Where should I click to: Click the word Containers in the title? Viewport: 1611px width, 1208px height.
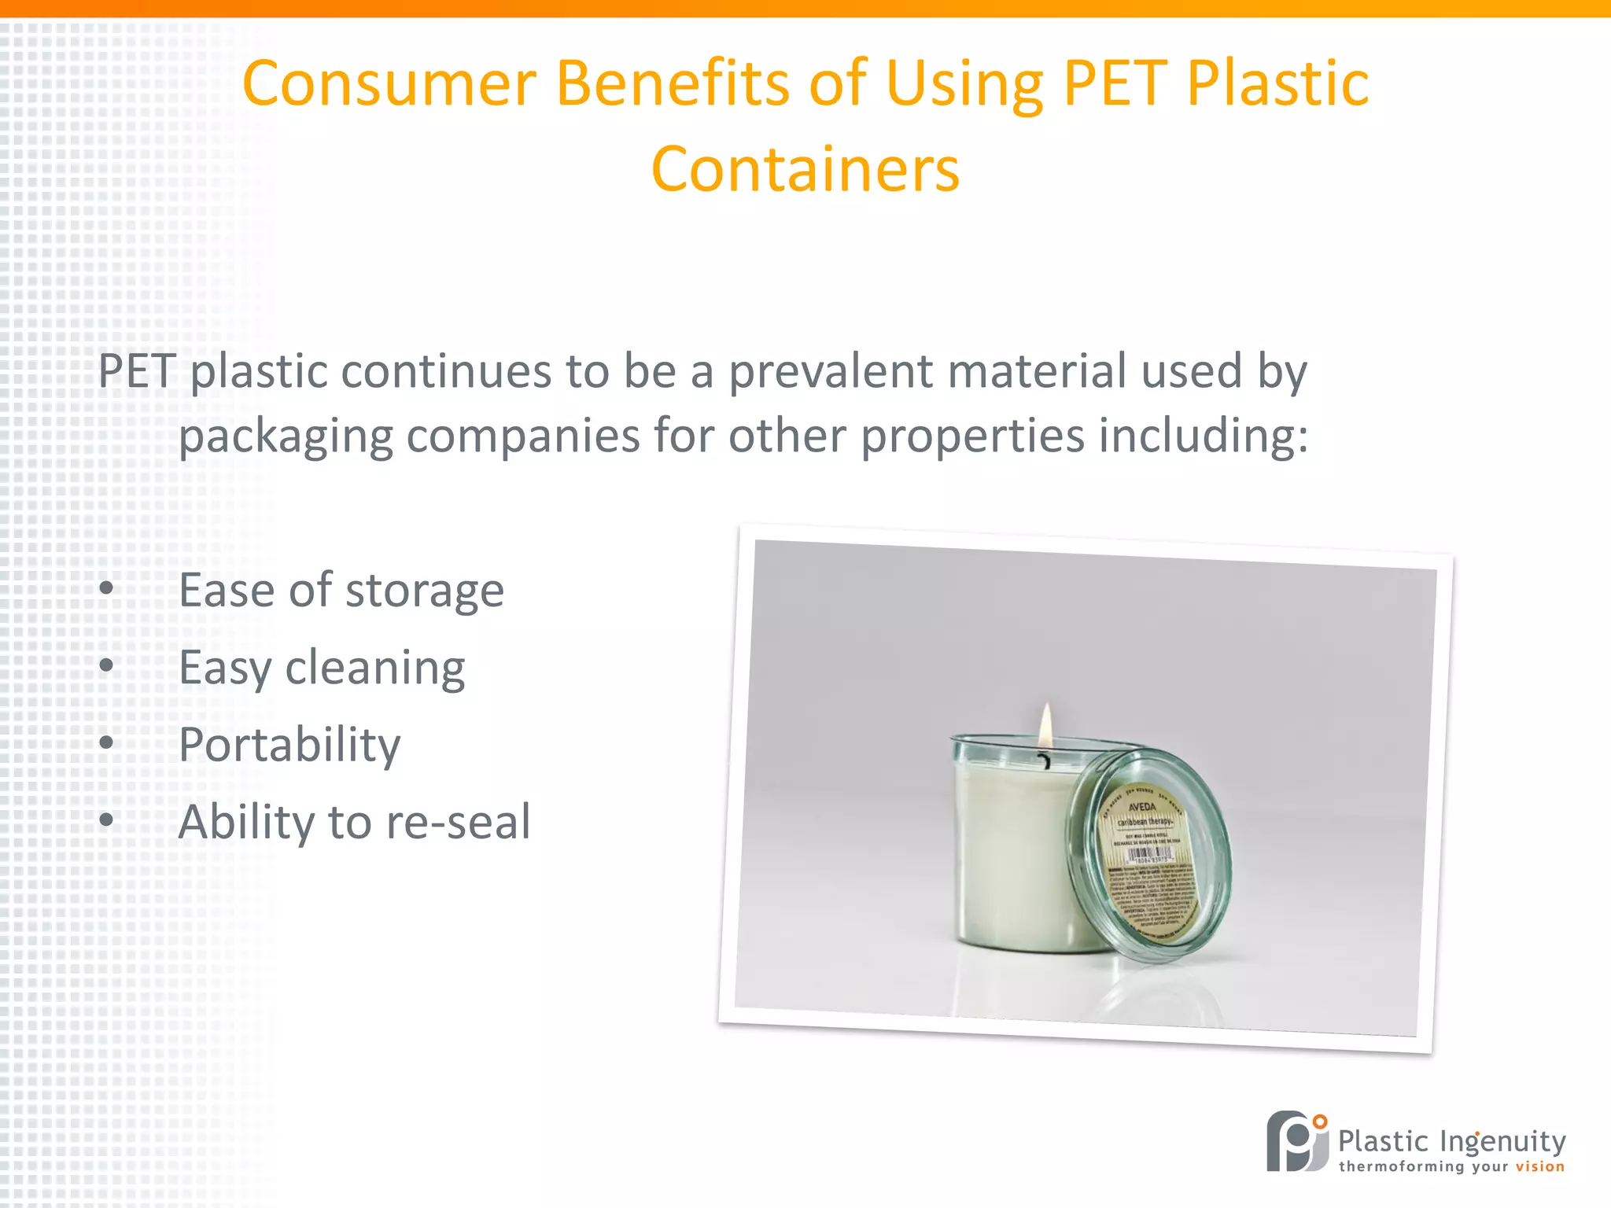tap(805, 169)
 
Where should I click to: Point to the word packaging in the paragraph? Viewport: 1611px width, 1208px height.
tap(286, 437)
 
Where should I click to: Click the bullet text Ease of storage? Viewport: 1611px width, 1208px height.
tap(341, 590)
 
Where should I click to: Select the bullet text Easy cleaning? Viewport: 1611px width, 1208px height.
tap(322, 668)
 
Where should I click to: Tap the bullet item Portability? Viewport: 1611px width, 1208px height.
tap(289, 744)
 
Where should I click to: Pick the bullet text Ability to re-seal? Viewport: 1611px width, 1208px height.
tap(354, 822)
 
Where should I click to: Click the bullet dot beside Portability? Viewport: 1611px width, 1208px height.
tap(107, 742)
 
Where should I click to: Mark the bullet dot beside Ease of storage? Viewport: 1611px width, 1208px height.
tap(107, 588)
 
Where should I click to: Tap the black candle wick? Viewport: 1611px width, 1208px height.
tap(1045, 761)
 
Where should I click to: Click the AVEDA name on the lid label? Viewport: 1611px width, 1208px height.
tap(1142, 807)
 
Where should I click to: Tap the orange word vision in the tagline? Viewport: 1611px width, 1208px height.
tap(1540, 1167)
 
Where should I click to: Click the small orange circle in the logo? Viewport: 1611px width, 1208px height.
tap(1320, 1121)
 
